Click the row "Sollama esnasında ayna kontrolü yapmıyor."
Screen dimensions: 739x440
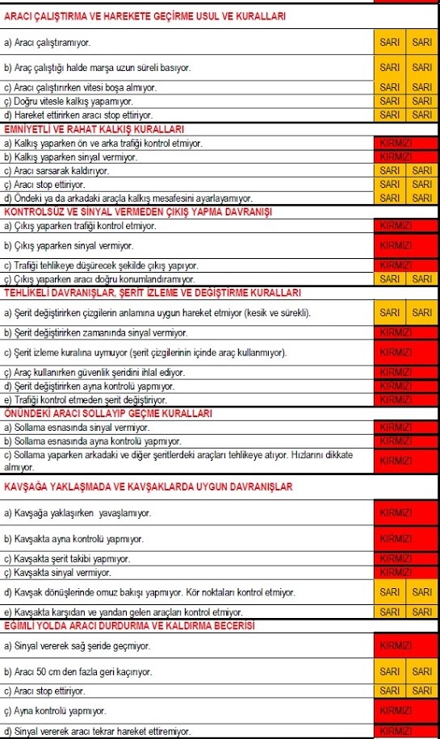[93, 441]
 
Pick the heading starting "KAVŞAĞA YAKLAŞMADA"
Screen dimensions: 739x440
[148, 486]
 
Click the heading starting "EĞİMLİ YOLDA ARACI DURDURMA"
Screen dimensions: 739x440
[129, 626]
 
